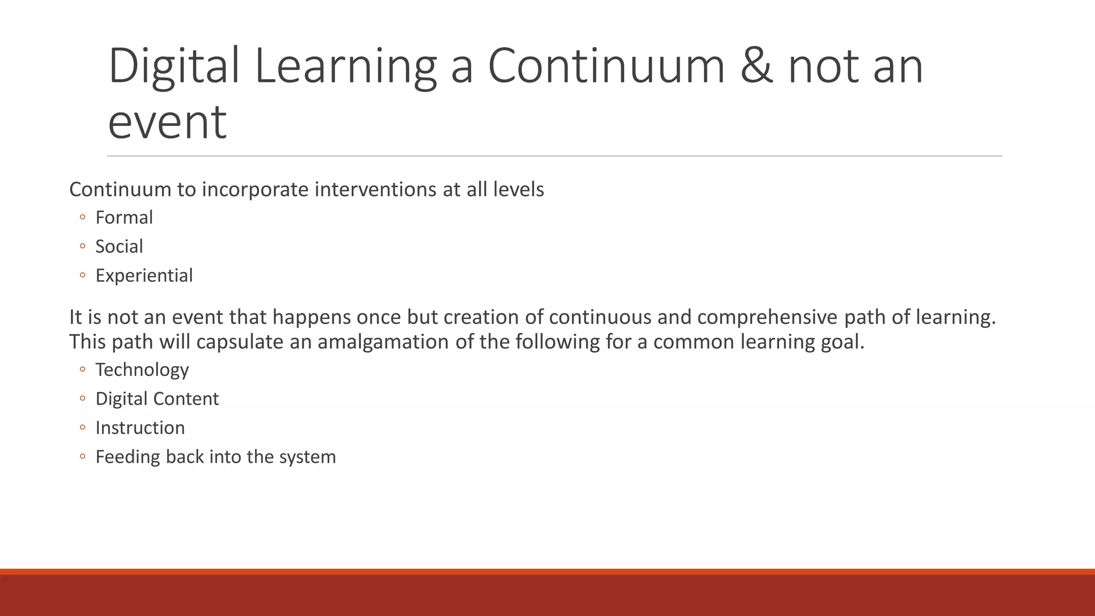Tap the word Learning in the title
pyautogui.click(x=345, y=66)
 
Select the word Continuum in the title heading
pyautogui.click(x=606, y=66)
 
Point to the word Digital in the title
pyautogui.click(x=174, y=66)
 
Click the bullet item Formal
pyautogui.click(x=124, y=218)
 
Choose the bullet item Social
pyautogui.click(x=119, y=247)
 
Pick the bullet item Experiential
pyautogui.click(x=144, y=275)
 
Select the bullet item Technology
pyautogui.click(x=142, y=370)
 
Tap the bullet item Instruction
pyautogui.click(x=140, y=428)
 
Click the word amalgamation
pyautogui.click(x=383, y=342)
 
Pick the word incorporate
pyautogui.click(x=255, y=190)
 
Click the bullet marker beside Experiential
pyautogui.click(x=82, y=275)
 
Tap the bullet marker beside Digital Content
pyautogui.click(x=82, y=399)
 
